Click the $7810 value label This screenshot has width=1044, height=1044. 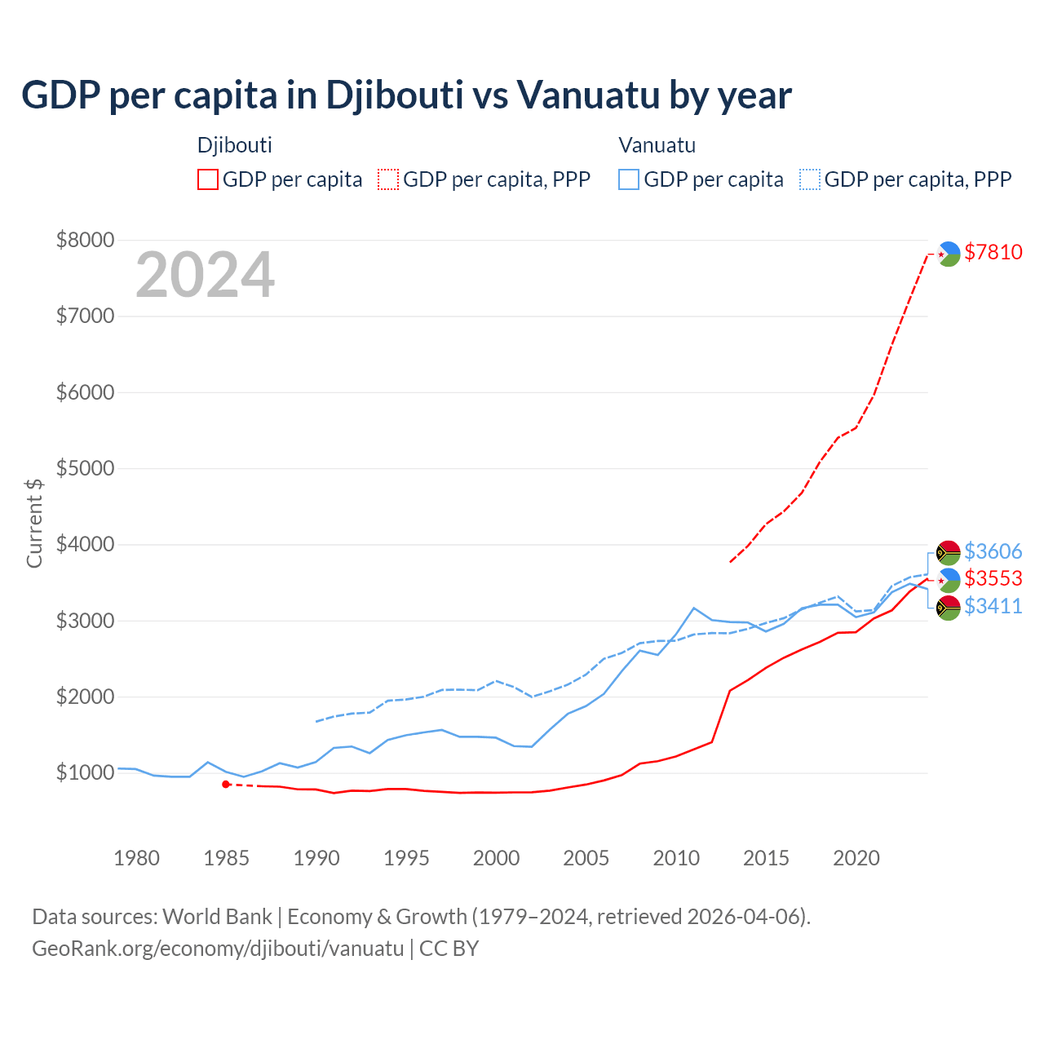[993, 252]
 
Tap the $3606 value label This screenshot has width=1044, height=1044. [993, 551]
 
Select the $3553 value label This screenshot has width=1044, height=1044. [993, 578]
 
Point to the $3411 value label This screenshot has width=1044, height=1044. [993, 606]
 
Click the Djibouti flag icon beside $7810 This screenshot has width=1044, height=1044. [948, 254]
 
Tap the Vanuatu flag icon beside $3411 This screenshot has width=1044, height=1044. [948, 608]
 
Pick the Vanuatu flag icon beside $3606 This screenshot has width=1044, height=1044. [948, 552]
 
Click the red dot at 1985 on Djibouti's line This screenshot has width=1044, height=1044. [226, 784]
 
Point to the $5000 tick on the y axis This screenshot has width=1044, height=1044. [85, 468]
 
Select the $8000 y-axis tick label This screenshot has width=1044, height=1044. [85, 240]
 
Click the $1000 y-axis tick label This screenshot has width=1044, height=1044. [85, 772]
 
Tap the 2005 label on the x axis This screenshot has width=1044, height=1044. [586, 858]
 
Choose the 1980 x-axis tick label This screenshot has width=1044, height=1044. [136, 858]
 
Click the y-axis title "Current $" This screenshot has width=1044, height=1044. [34, 522]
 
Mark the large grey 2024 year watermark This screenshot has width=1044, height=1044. [205, 275]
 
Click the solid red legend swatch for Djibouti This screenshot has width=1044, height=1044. [208, 179]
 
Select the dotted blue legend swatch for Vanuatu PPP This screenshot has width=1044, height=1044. [810, 179]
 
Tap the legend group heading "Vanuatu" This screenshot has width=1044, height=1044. [657, 145]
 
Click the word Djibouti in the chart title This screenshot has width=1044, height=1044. [396, 95]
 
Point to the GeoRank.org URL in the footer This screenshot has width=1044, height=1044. [218, 949]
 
